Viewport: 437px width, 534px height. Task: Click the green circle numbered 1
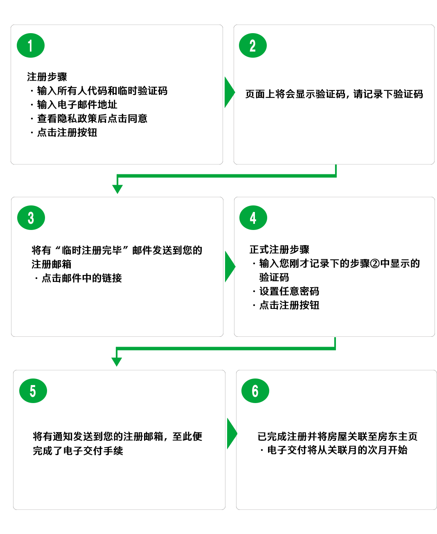[x=31, y=45]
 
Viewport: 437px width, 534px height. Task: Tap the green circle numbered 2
[x=253, y=45]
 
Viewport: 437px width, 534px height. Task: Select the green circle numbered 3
[x=31, y=218]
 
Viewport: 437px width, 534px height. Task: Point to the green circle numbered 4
[x=253, y=218]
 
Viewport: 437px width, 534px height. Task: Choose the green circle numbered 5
[x=33, y=391]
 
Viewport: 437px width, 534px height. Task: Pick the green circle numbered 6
[x=255, y=391]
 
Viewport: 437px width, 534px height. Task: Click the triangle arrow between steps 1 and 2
[x=229, y=92]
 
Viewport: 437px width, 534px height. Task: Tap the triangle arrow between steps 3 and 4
[x=230, y=266]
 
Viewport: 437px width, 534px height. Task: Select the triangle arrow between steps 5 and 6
[x=232, y=433]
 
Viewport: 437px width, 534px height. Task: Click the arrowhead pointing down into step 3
[x=117, y=189]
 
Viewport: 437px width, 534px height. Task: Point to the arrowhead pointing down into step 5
[x=117, y=362]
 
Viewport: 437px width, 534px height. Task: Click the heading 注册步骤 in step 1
[x=47, y=77]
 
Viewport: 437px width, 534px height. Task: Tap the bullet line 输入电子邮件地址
[x=77, y=105]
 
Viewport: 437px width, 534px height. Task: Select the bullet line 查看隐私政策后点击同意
[x=92, y=119]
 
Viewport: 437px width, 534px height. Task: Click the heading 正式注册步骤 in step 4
[x=279, y=250]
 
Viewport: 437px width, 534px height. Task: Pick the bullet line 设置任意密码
[x=289, y=291]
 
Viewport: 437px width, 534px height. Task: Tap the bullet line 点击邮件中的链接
[x=81, y=278]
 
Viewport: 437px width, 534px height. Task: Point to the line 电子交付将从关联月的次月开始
[x=337, y=450]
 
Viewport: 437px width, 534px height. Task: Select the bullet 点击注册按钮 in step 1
[x=67, y=133]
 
